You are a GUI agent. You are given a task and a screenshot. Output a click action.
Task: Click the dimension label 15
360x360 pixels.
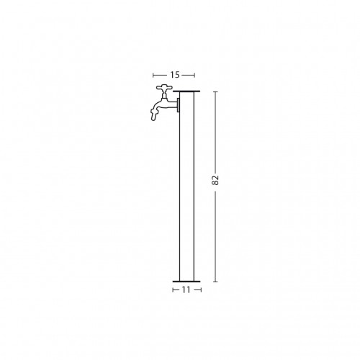[x=175, y=75]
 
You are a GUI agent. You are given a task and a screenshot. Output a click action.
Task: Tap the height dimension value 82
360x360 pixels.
[x=215, y=180]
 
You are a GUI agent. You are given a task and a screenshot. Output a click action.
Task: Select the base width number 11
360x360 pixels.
[x=186, y=290]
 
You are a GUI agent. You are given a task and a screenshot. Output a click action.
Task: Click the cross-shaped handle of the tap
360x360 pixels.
[x=164, y=88]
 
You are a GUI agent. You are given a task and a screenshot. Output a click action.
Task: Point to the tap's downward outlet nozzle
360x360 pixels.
[x=153, y=114]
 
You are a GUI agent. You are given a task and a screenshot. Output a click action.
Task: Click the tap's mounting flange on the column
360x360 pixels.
[x=179, y=105]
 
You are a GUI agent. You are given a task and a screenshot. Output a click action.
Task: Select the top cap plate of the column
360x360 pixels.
[x=186, y=91]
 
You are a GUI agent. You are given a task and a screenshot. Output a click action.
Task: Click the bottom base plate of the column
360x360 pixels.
[x=186, y=282]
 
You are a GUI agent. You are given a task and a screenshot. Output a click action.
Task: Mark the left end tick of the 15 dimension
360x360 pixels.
[x=153, y=76]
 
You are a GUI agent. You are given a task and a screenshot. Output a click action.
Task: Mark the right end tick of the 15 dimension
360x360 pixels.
[x=194, y=76]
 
